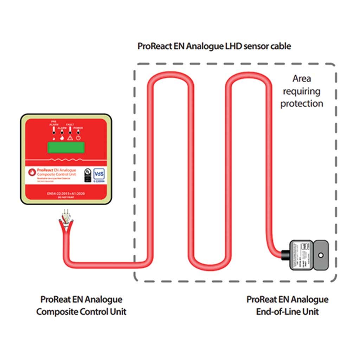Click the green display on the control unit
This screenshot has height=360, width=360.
(x=66, y=147)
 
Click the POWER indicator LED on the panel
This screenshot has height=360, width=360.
(x=78, y=132)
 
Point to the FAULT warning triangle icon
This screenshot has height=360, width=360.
(x=70, y=138)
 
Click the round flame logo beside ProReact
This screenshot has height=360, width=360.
(x=32, y=172)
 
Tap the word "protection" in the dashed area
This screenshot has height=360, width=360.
(x=302, y=104)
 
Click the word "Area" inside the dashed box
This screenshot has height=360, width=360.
(x=302, y=78)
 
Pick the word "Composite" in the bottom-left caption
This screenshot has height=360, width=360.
(x=57, y=312)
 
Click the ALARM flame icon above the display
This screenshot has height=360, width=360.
(x=62, y=138)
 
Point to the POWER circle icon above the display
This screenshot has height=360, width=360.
(x=78, y=138)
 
